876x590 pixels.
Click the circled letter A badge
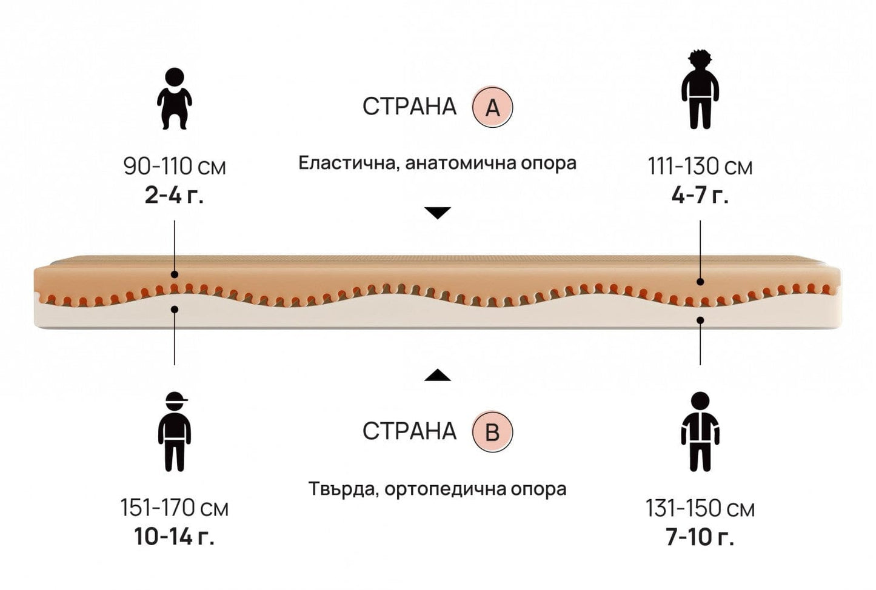click(x=492, y=107)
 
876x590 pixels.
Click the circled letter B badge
click(x=492, y=432)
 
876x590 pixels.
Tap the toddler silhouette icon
click(x=175, y=98)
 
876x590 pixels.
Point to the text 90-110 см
click(x=175, y=166)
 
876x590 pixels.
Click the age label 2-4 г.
click(x=174, y=196)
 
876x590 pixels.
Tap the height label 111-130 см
click(x=700, y=166)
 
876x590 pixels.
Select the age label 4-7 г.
click(x=700, y=196)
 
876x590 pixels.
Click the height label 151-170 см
click(x=175, y=508)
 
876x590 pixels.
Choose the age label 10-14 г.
click(x=174, y=537)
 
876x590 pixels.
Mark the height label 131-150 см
click(x=700, y=508)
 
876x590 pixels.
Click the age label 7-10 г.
click(x=700, y=537)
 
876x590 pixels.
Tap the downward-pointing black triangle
click(x=438, y=213)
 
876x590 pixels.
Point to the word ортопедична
click(x=446, y=488)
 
